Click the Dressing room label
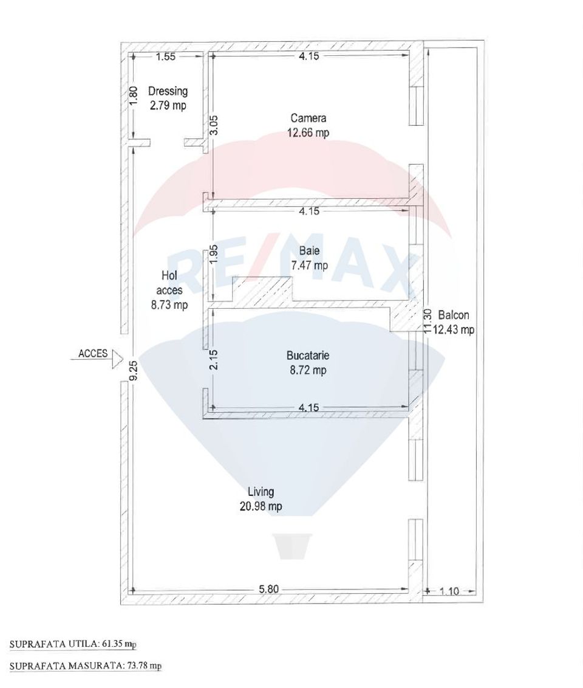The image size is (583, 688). [x=168, y=92]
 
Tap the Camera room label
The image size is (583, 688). [x=309, y=119]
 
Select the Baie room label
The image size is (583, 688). [x=309, y=251]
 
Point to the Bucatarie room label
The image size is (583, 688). [x=309, y=356]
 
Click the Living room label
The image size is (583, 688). [x=261, y=492]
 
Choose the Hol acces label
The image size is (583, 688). [x=169, y=283]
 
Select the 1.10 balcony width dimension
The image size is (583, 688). [x=449, y=590]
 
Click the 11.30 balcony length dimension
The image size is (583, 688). [x=428, y=321]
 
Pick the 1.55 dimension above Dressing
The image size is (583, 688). [x=166, y=57]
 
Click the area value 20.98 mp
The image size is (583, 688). [x=261, y=506]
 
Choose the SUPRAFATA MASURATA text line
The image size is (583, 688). [x=85, y=666]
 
